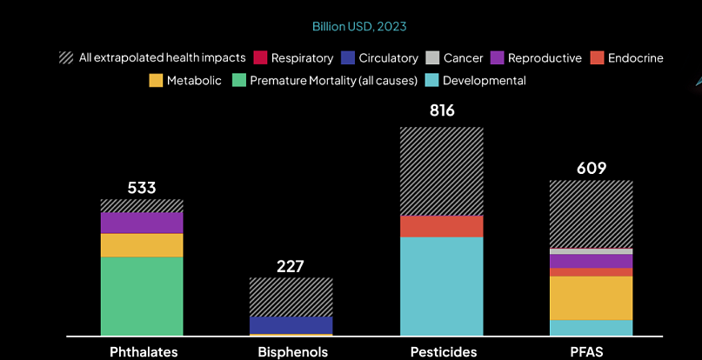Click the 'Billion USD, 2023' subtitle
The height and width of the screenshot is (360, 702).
pyautogui.click(x=359, y=26)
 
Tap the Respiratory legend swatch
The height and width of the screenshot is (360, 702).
pyautogui.click(x=260, y=58)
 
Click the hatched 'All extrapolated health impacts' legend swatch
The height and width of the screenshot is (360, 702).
pyautogui.click(x=66, y=58)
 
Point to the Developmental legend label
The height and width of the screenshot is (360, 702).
pyautogui.click(x=484, y=81)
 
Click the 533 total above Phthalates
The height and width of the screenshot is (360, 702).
pyautogui.click(x=141, y=187)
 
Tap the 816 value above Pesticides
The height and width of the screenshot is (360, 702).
pyautogui.click(x=441, y=111)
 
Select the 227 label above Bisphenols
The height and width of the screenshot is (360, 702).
pyautogui.click(x=291, y=265)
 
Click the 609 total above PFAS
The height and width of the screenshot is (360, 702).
pyautogui.click(x=591, y=168)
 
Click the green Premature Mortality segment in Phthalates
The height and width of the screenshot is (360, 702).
pyautogui.click(x=142, y=296)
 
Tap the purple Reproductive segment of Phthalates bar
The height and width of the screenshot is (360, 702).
pyautogui.click(x=142, y=223)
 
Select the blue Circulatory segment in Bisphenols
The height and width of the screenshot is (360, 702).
pyautogui.click(x=291, y=324)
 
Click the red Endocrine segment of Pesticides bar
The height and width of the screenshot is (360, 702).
pyautogui.click(x=441, y=226)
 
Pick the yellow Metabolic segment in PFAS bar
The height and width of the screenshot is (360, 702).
pyautogui.click(x=591, y=297)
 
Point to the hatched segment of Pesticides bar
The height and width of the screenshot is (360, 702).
pyautogui.click(x=441, y=171)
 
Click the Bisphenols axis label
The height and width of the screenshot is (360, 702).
pyautogui.click(x=292, y=351)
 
